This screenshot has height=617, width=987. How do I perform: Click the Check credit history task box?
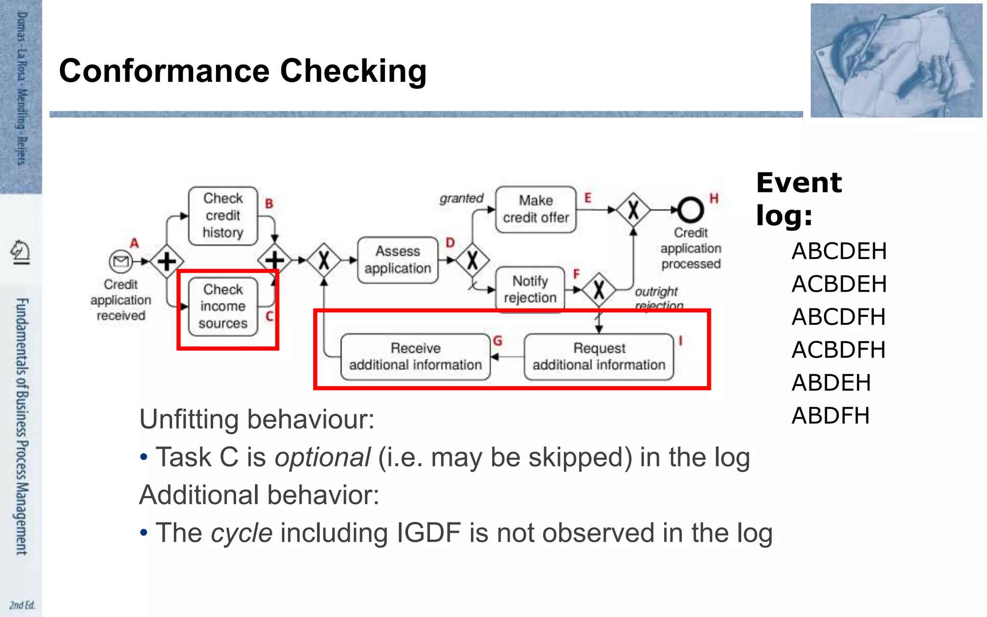click(223, 215)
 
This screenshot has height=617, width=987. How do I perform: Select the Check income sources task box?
click(223, 307)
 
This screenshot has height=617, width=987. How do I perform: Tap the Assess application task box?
click(398, 260)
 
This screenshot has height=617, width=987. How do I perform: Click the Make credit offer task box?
click(535, 209)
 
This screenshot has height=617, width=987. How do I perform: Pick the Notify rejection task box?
click(530, 289)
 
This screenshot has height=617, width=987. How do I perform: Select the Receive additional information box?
click(415, 357)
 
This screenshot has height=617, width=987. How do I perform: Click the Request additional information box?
click(598, 357)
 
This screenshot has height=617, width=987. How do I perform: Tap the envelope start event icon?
click(120, 261)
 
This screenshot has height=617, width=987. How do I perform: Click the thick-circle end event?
click(690, 210)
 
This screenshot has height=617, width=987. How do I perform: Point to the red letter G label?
click(498, 341)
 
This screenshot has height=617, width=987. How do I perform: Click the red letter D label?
click(450, 242)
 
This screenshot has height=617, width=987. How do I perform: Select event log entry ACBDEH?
click(839, 284)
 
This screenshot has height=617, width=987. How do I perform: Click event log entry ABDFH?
click(830, 416)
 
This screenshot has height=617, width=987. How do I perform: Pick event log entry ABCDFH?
click(838, 317)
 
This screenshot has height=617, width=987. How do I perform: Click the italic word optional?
click(322, 457)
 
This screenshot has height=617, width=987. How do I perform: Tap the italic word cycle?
click(241, 533)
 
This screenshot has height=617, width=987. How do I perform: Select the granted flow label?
click(461, 198)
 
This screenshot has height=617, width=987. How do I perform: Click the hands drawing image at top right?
click(896, 60)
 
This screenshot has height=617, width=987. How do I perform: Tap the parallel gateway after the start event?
click(167, 261)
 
